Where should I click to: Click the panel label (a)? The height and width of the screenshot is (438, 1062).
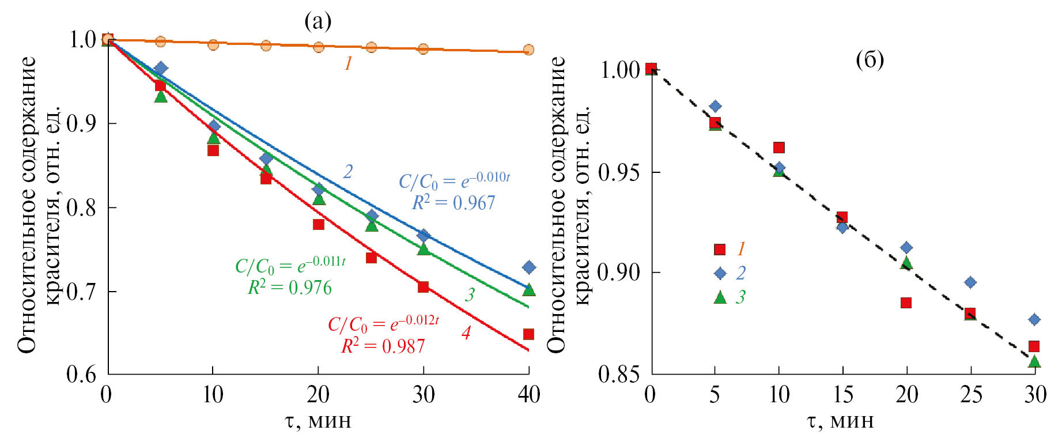click(318, 21)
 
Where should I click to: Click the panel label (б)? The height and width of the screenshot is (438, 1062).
click(870, 59)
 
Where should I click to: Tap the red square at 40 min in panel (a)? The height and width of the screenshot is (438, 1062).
click(528, 334)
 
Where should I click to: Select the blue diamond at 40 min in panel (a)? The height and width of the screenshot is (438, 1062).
click(528, 267)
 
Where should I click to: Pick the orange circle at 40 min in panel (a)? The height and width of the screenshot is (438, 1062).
click(528, 50)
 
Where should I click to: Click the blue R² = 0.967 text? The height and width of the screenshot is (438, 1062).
click(453, 203)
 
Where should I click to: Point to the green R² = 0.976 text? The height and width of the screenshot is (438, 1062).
click(290, 287)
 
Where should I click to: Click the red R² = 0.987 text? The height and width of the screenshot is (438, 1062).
click(383, 346)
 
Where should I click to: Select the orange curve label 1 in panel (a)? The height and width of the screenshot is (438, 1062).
click(348, 63)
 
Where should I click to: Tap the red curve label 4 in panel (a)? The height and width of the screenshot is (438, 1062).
click(466, 333)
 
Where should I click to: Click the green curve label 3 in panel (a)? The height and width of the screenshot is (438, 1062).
click(470, 295)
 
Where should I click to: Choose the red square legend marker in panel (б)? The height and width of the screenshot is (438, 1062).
click(719, 249)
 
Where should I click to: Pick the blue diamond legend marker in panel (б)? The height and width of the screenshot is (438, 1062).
click(720, 273)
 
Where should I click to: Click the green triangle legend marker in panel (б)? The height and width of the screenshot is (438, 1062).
click(720, 297)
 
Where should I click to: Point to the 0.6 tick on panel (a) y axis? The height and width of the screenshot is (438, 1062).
click(82, 375)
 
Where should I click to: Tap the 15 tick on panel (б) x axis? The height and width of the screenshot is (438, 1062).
click(842, 395)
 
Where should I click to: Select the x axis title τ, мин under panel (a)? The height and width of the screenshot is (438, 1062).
click(318, 421)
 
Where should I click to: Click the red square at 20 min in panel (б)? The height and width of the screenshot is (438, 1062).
click(906, 303)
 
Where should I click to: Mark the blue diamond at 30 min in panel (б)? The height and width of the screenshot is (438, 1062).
click(1034, 319)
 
